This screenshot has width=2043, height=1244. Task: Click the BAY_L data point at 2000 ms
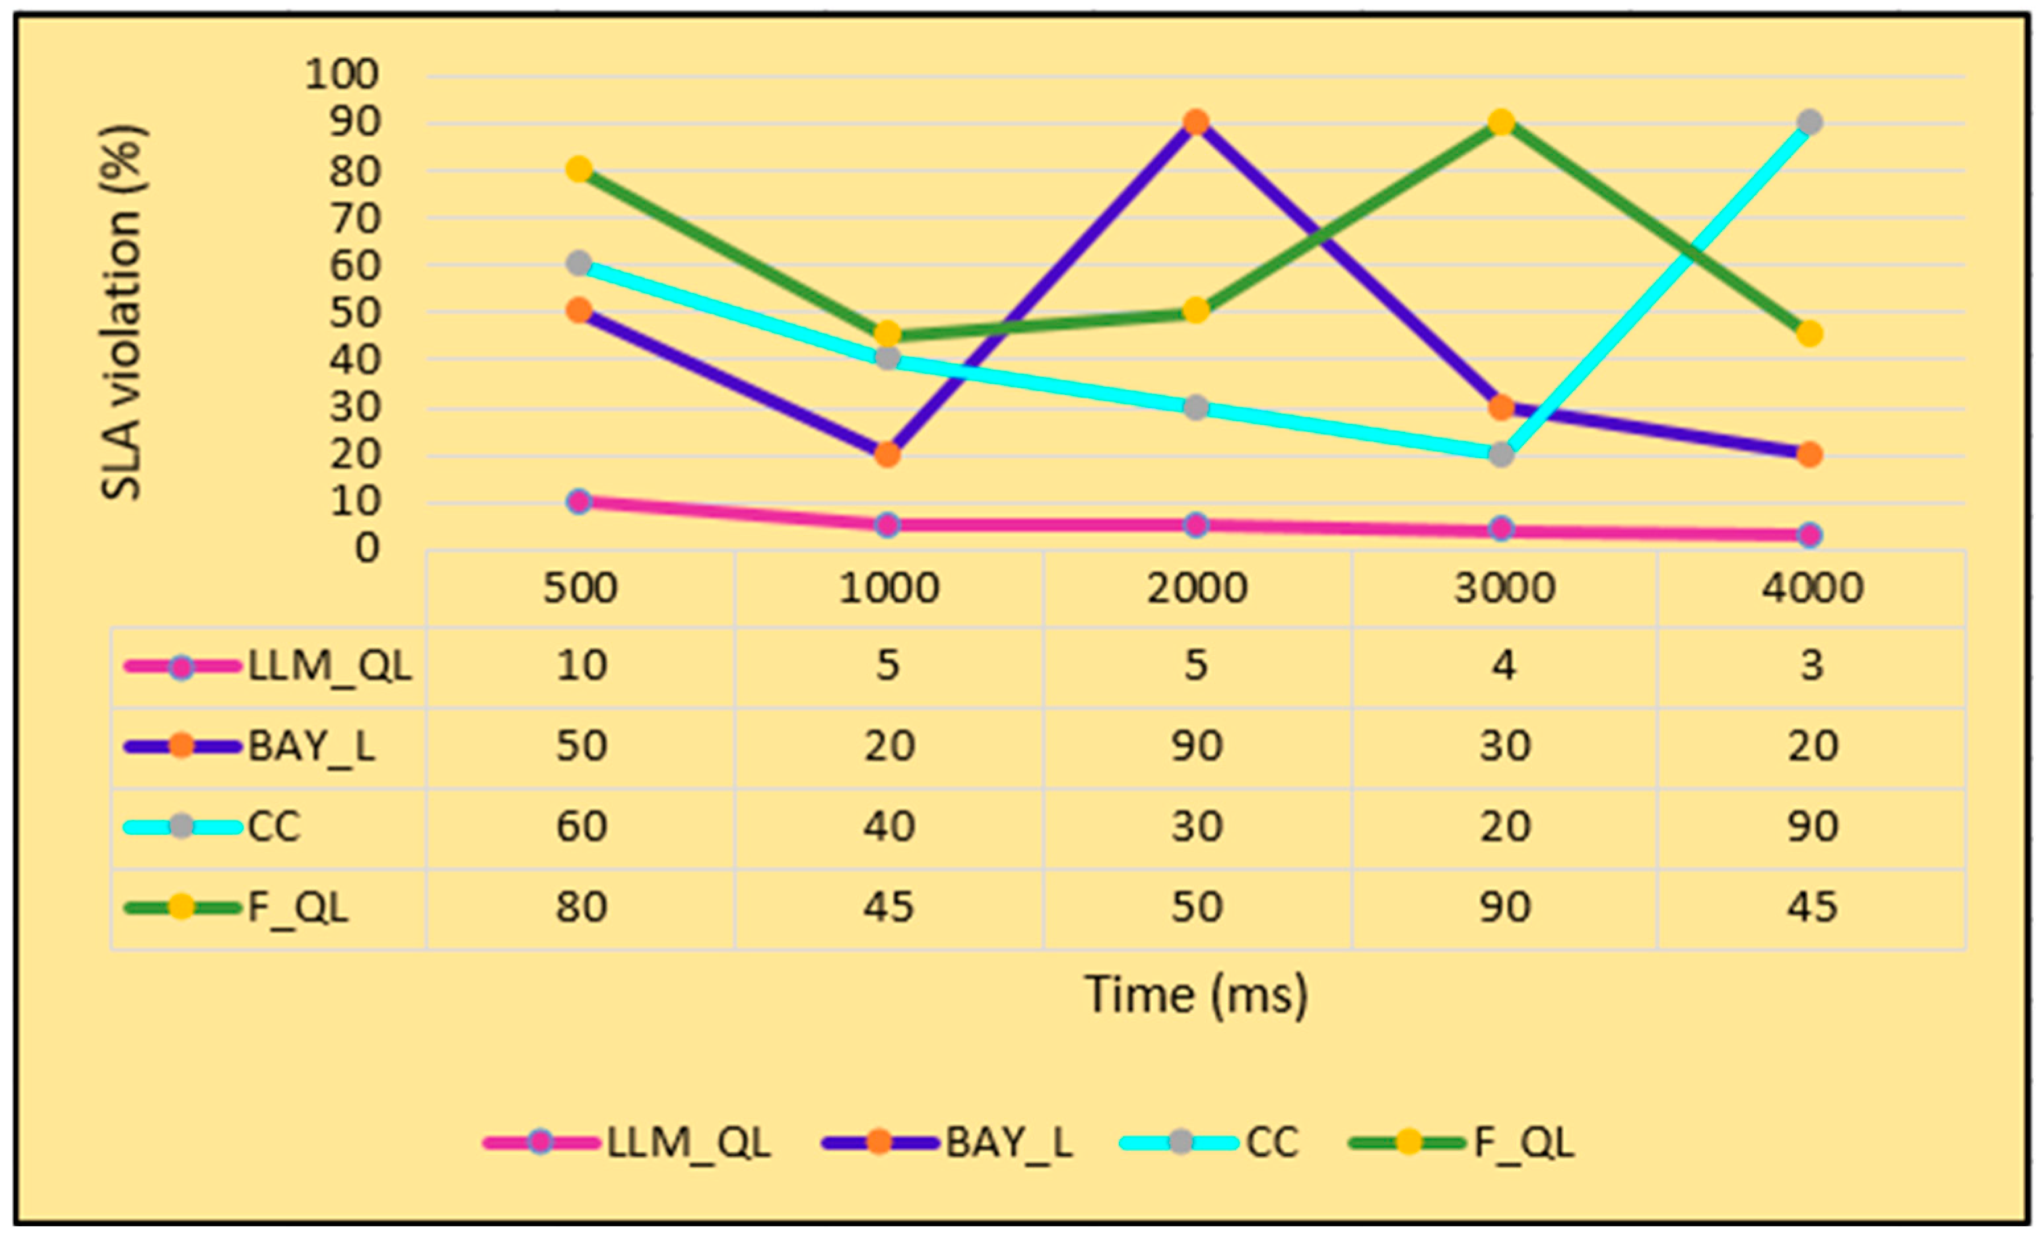1195,123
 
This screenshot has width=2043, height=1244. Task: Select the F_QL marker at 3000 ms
1502,123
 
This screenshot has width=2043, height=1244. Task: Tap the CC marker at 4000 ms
1809,123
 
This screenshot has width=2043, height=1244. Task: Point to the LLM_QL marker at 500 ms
580,501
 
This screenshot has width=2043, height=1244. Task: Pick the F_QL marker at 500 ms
580,170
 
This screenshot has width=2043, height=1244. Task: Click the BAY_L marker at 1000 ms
887,454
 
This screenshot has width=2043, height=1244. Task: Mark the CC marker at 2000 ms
1195,407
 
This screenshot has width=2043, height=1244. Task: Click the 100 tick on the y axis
342,75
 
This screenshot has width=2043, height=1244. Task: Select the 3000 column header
1504,589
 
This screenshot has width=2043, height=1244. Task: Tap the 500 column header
580,589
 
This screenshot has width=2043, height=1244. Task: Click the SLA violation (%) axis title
123,313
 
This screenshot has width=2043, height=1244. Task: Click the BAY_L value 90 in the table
1197,745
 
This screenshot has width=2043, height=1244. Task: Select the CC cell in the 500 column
580,827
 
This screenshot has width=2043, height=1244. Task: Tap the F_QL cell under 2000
1197,907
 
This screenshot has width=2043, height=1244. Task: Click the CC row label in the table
274,827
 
